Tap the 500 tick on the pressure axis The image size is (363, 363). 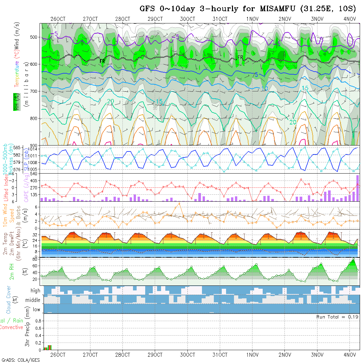coord(34,37)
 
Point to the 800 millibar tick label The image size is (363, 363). coord(34,118)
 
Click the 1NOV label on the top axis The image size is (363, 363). coord(252,19)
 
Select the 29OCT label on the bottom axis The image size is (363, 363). coord(155,355)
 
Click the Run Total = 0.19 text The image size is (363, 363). coord(337,317)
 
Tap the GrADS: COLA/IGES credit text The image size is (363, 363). coord(20,360)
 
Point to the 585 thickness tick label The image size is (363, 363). coord(18,148)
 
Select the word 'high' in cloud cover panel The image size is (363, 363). coord(35,291)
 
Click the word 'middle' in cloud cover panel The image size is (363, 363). coord(33,300)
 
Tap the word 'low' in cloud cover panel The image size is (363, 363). coord(36,310)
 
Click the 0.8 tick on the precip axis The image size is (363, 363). coord(38,321)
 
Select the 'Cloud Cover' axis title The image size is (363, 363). coord(9,300)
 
